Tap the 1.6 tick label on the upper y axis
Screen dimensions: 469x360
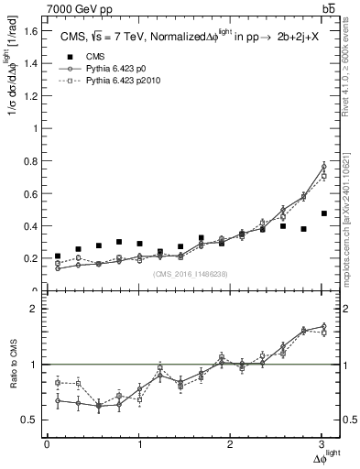coord(28,31)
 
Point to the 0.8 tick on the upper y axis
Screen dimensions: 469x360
coord(28,161)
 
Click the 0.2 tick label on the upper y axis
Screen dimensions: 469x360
coord(28,258)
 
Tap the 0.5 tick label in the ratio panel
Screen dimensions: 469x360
coord(28,420)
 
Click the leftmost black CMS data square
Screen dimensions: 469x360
coord(58,256)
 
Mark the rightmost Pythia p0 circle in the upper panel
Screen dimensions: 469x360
coord(323,166)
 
